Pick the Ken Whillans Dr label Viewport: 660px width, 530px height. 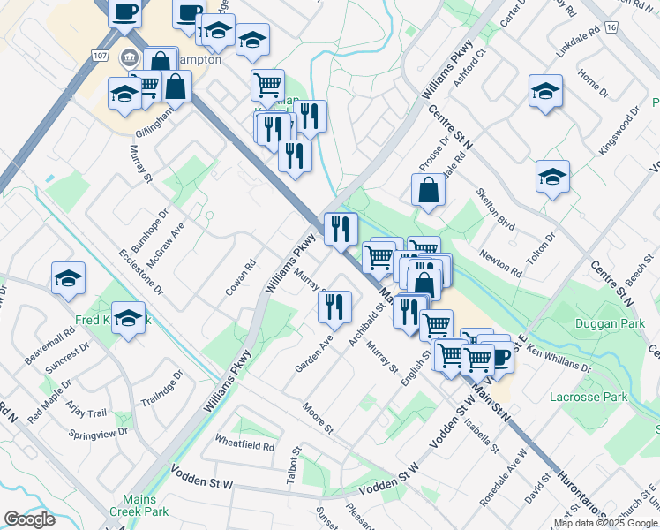(559, 357)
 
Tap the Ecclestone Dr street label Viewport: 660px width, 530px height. (141, 270)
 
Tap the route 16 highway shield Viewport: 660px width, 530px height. (611, 28)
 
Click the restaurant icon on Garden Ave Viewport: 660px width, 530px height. (334, 307)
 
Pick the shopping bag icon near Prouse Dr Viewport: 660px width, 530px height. (428, 189)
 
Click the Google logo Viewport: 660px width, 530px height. (30, 519)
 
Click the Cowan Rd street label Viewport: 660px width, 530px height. (239, 276)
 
